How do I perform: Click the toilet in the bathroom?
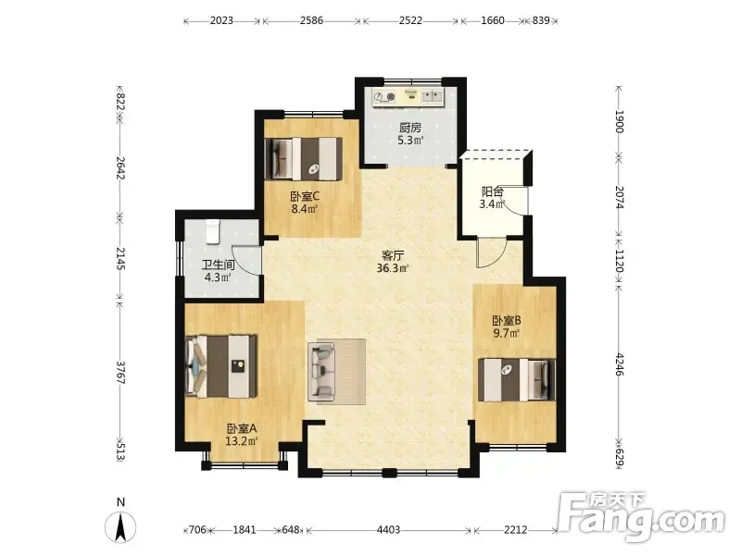213,231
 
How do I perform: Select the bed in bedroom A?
221,365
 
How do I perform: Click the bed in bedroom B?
517,380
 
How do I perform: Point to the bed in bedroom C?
304,158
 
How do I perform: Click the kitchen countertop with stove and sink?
408,97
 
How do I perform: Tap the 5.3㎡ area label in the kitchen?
410,141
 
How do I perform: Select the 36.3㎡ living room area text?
392,268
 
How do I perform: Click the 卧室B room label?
507,321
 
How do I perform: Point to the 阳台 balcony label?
492,191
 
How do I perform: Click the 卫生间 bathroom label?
219,265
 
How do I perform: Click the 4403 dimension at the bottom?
388,530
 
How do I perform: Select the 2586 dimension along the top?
311,20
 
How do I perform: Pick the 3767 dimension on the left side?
121,373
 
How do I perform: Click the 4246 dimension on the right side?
620,364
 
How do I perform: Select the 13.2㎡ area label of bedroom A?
241,441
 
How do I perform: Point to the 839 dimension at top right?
541,20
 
